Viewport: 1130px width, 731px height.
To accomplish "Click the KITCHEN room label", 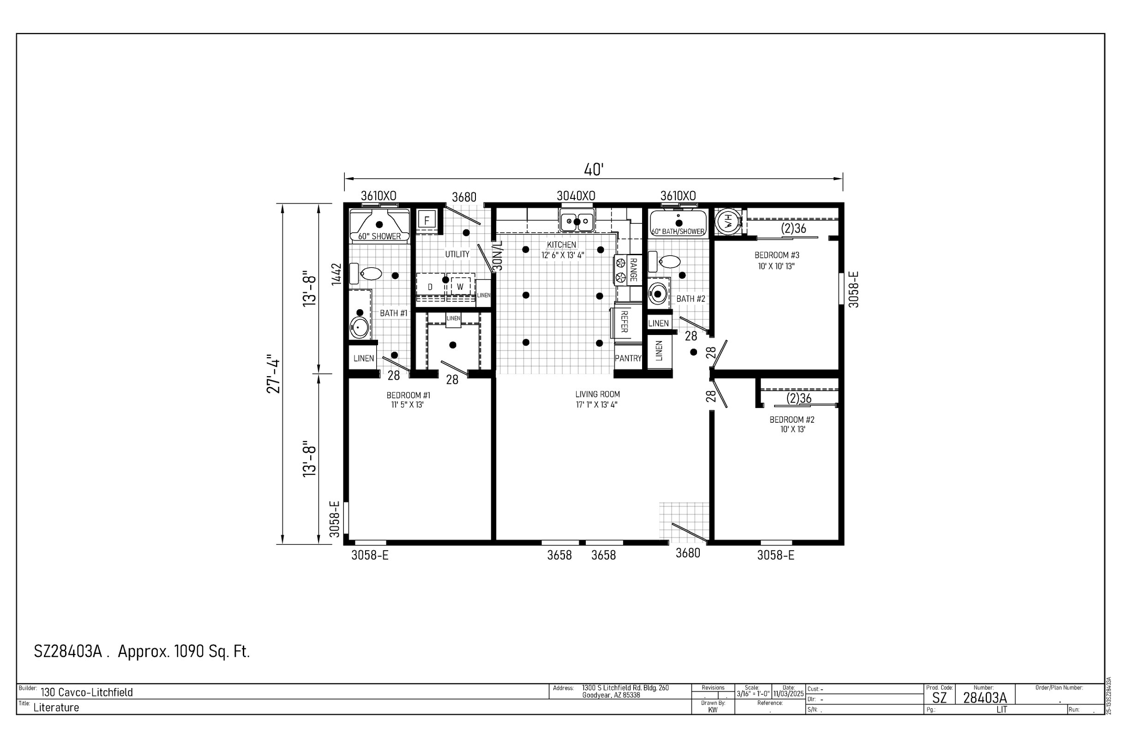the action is [x=562, y=245].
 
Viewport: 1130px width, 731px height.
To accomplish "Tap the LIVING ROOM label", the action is [x=597, y=395].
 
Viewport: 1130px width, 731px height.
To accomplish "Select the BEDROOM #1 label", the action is [x=409, y=395].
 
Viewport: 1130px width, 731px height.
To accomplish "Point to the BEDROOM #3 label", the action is [x=777, y=255].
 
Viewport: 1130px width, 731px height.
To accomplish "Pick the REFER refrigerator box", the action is [x=624, y=322].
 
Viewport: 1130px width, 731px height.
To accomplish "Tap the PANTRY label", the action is [x=628, y=359].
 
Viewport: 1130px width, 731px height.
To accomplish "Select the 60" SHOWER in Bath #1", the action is [x=379, y=226].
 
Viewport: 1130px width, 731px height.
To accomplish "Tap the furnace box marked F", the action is [x=427, y=220].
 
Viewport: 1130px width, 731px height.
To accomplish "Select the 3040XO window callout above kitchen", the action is [x=576, y=196].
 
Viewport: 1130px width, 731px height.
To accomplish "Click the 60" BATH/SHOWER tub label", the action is [x=678, y=232].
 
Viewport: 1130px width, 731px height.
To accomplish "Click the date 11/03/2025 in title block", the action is [x=788, y=694].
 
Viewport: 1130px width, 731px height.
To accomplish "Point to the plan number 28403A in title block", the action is [x=985, y=698].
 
